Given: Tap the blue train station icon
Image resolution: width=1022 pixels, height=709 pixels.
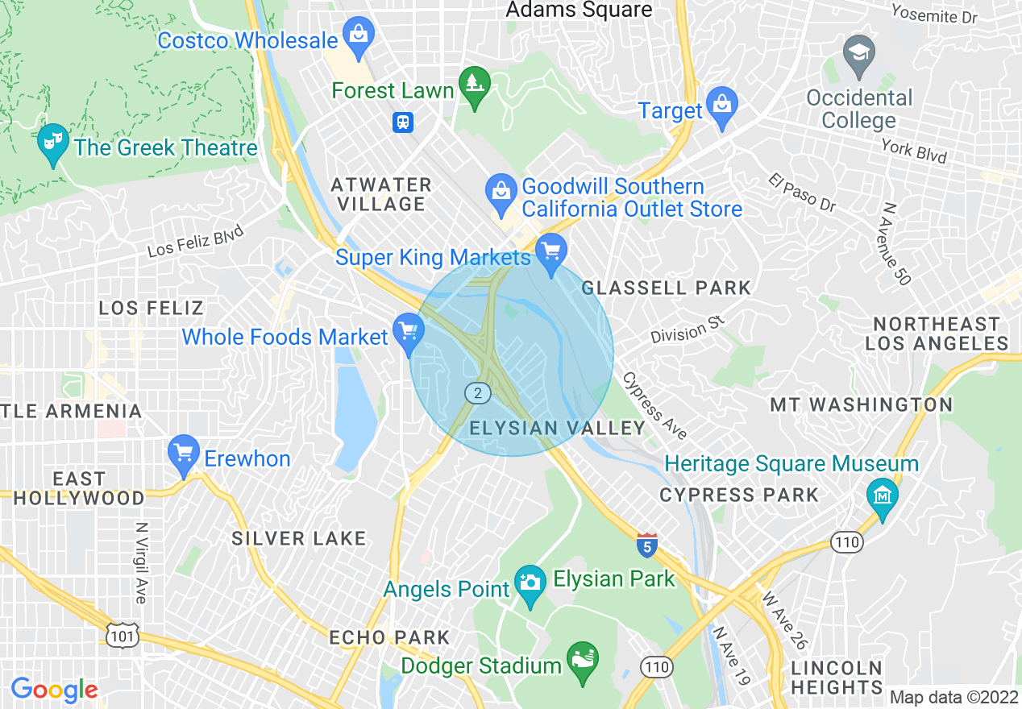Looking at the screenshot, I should pyautogui.click(x=403, y=122).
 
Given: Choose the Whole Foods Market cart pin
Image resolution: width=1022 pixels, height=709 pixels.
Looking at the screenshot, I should pyautogui.click(x=408, y=332).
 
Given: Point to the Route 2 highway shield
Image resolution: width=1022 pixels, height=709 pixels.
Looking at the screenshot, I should pyautogui.click(x=478, y=393).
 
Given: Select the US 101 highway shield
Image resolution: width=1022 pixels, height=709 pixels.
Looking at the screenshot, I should pyautogui.click(x=122, y=636).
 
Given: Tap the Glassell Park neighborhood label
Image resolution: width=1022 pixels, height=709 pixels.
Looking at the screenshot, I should pyautogui.click(x=666, y=288).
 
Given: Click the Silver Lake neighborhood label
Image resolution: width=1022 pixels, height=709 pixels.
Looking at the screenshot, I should pyautogui.click(x=299, y=538).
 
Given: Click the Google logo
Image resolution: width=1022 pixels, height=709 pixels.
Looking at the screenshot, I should pyautogui.click(x=54, y=690).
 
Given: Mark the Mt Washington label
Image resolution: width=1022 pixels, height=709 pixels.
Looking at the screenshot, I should pyautogui.click(x=861, y=404).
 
